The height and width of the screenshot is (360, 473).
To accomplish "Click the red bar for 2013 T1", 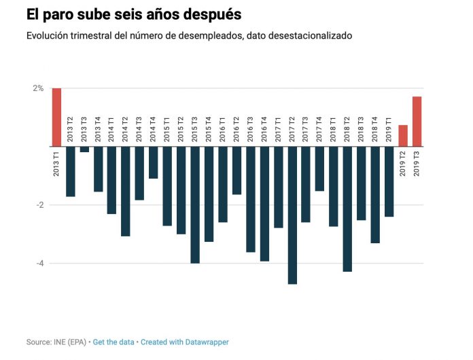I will coord(56,117).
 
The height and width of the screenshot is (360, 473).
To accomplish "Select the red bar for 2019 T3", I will coord(417,121).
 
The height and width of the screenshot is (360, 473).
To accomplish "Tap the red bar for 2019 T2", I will coord(403,135).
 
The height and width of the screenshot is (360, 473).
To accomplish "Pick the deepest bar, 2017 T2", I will coord(292,215).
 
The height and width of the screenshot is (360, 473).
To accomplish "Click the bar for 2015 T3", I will coord(195,204).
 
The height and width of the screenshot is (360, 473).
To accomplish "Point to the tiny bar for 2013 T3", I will coord(84,149).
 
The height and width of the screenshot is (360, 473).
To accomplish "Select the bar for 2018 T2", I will coord(347,209).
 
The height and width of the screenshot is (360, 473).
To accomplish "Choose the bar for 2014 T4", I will coord(154,162).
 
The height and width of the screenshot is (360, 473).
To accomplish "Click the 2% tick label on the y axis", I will coord(37,88).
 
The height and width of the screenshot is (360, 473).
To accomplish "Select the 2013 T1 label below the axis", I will coord(56,164).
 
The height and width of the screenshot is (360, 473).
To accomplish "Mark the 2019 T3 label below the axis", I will coord(417,164).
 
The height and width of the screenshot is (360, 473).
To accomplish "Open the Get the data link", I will coord(113,342).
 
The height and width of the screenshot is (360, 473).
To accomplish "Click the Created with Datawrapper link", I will coord(185,342).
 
